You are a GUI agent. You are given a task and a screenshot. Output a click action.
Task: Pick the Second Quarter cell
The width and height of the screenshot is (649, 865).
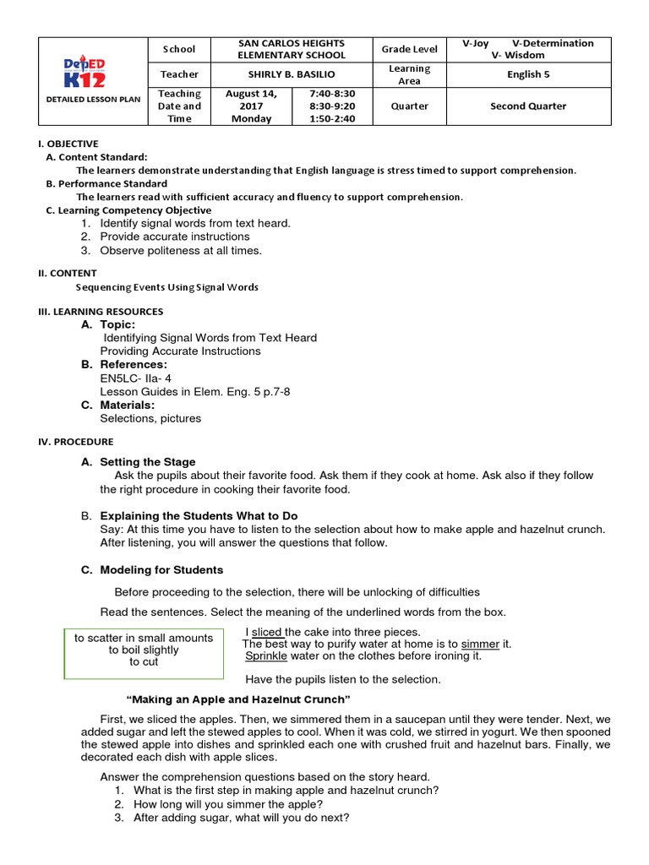[528, 106]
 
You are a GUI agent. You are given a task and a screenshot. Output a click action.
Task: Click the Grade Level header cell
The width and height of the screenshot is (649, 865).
[409, 49]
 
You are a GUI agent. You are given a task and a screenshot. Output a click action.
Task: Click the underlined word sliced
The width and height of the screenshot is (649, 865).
[268, 632]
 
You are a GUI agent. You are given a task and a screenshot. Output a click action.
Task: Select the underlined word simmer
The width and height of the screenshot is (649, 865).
[481, 644]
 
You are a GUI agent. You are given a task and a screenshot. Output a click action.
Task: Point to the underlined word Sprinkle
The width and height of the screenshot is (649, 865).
[266, 656]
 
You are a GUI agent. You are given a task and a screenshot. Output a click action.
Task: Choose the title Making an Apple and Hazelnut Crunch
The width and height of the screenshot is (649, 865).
[237, 699]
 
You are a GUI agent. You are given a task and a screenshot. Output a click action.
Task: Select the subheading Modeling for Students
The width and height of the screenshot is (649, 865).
[161, 570]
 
